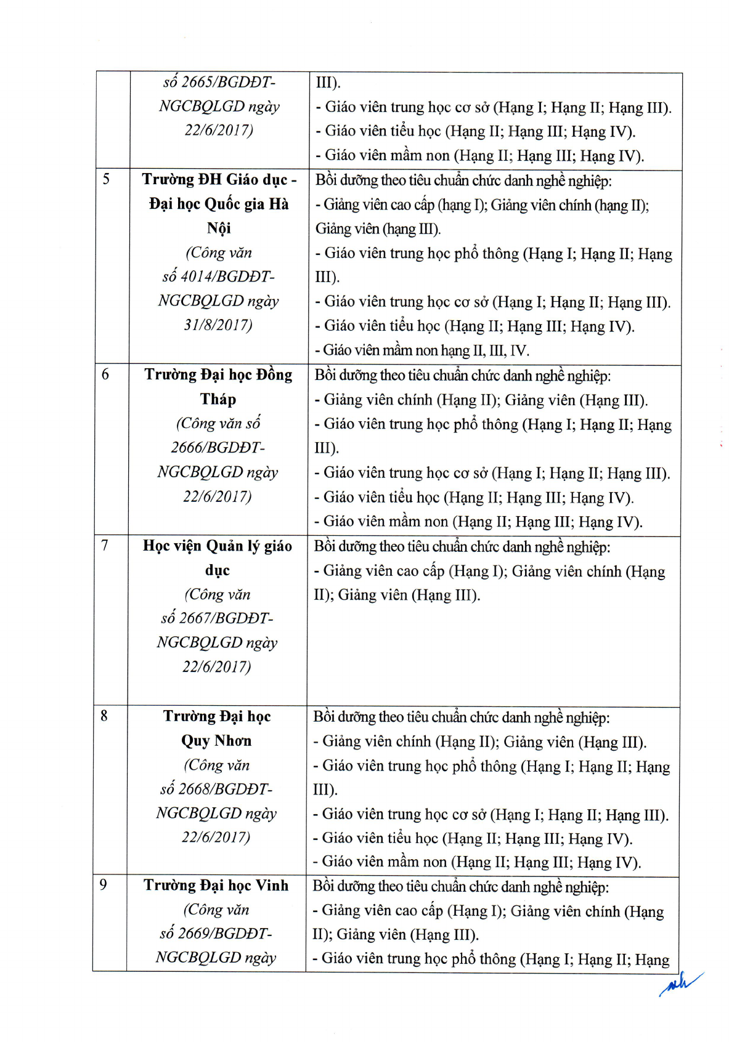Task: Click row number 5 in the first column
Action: click(106, 179)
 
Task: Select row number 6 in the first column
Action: click(105, 374)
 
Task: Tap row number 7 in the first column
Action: click(105, 545)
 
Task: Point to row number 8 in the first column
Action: click(104, 716)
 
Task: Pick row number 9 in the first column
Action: click(103, 885)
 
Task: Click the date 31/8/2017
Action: click(218, 325)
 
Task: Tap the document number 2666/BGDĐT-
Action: click(218, 448)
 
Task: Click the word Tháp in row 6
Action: click(218, 399)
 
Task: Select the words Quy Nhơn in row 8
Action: click(216, 740)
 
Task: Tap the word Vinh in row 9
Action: click(272, 886)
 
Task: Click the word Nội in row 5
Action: click(219, 228)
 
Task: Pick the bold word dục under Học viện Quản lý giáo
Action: click(218, 570)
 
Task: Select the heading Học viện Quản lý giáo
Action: click(218, 546)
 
